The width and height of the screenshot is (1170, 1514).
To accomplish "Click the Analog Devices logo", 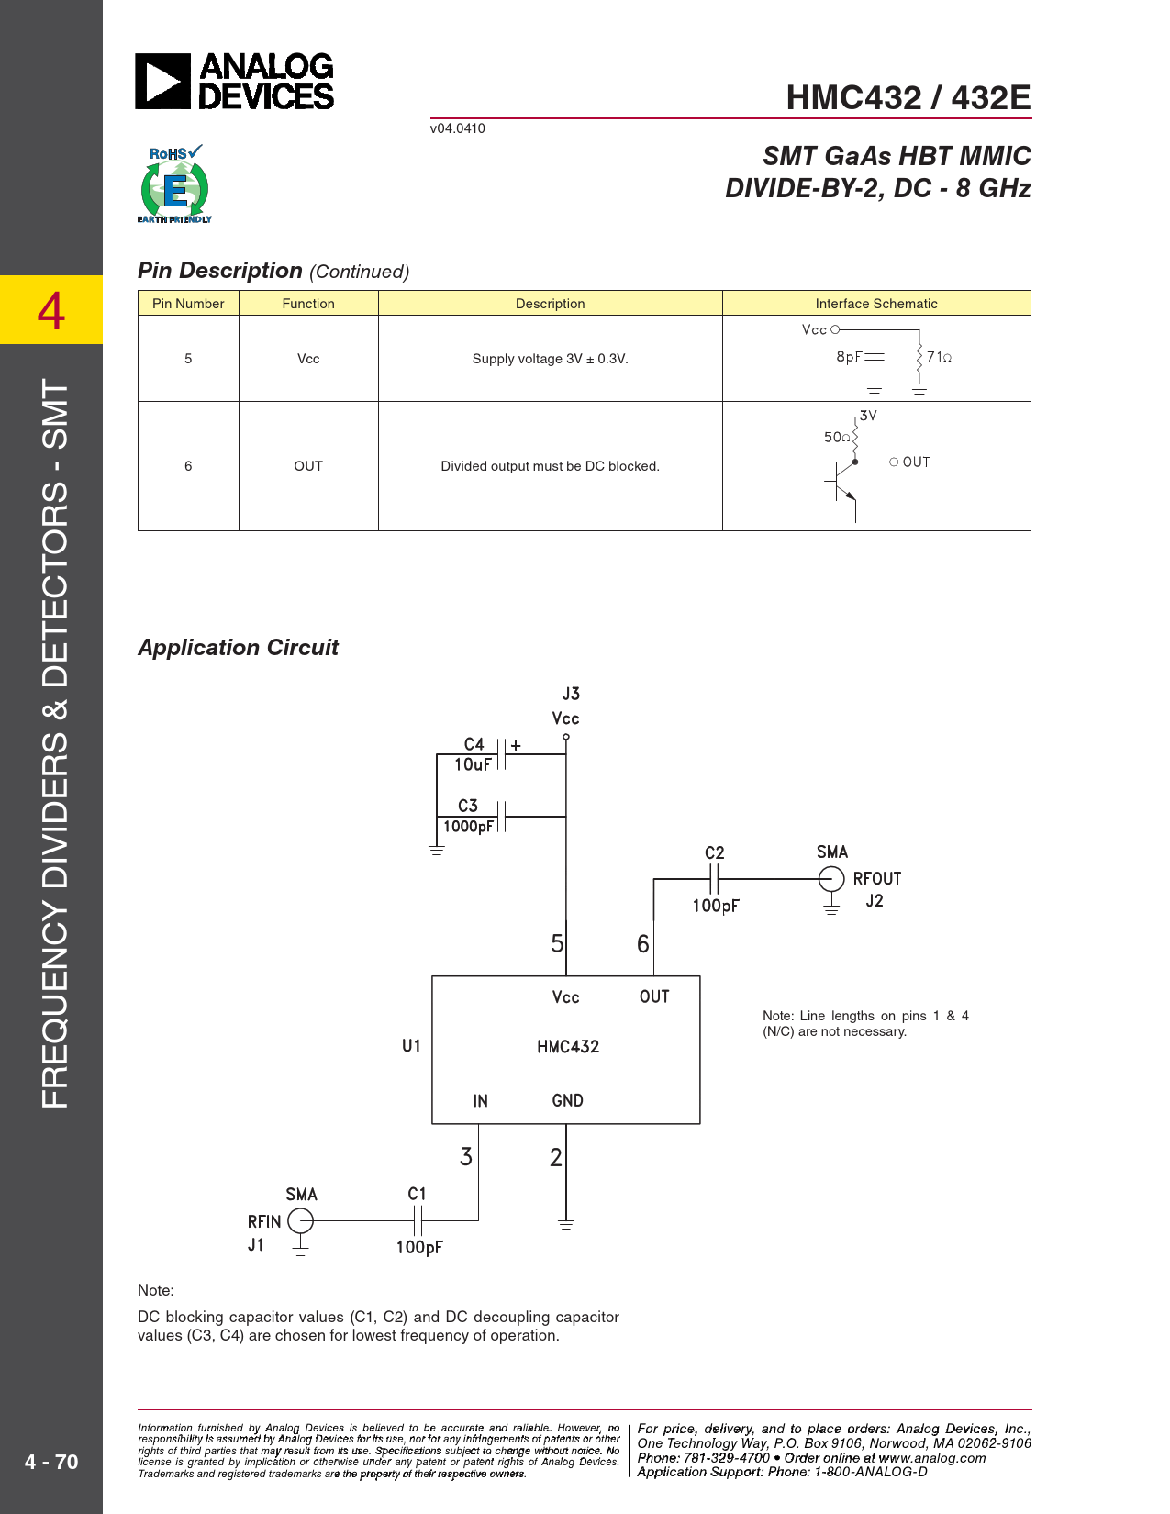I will click(234, 82).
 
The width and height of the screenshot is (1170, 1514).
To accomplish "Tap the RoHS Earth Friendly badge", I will click(174, 184).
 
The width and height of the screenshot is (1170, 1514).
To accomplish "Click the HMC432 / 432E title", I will click(908, 97).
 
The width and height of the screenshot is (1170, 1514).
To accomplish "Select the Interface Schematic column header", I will click(875, 304).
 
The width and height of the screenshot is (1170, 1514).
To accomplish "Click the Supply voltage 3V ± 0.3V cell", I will click(550, 359).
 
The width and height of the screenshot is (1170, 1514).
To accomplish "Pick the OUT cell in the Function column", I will click(308, 466).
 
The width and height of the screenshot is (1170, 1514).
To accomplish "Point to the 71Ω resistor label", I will click(939, 357).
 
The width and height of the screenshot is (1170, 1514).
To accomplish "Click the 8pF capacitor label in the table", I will click(849, 357).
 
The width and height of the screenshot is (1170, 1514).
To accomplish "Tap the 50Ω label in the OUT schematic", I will click(836, 438).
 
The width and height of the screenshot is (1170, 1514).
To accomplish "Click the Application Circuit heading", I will click(238, 648).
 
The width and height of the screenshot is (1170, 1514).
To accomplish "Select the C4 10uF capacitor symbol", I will click(502, 754).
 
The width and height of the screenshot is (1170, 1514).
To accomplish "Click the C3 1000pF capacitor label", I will click(468, 816).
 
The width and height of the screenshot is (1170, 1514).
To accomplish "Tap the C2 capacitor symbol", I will click(715, 879).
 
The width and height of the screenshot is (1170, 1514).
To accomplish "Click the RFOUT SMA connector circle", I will click(831, 879).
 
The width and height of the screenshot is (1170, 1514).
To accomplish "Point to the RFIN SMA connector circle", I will click(300, 1221).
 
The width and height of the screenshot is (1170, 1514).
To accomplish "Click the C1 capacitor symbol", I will click(418, 1221).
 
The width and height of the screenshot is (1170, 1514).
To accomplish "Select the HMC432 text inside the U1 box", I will click(568, 1047).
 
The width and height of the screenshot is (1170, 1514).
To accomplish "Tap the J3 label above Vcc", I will click(571, 695).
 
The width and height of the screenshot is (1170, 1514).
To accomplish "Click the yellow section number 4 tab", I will click(51, 310).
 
